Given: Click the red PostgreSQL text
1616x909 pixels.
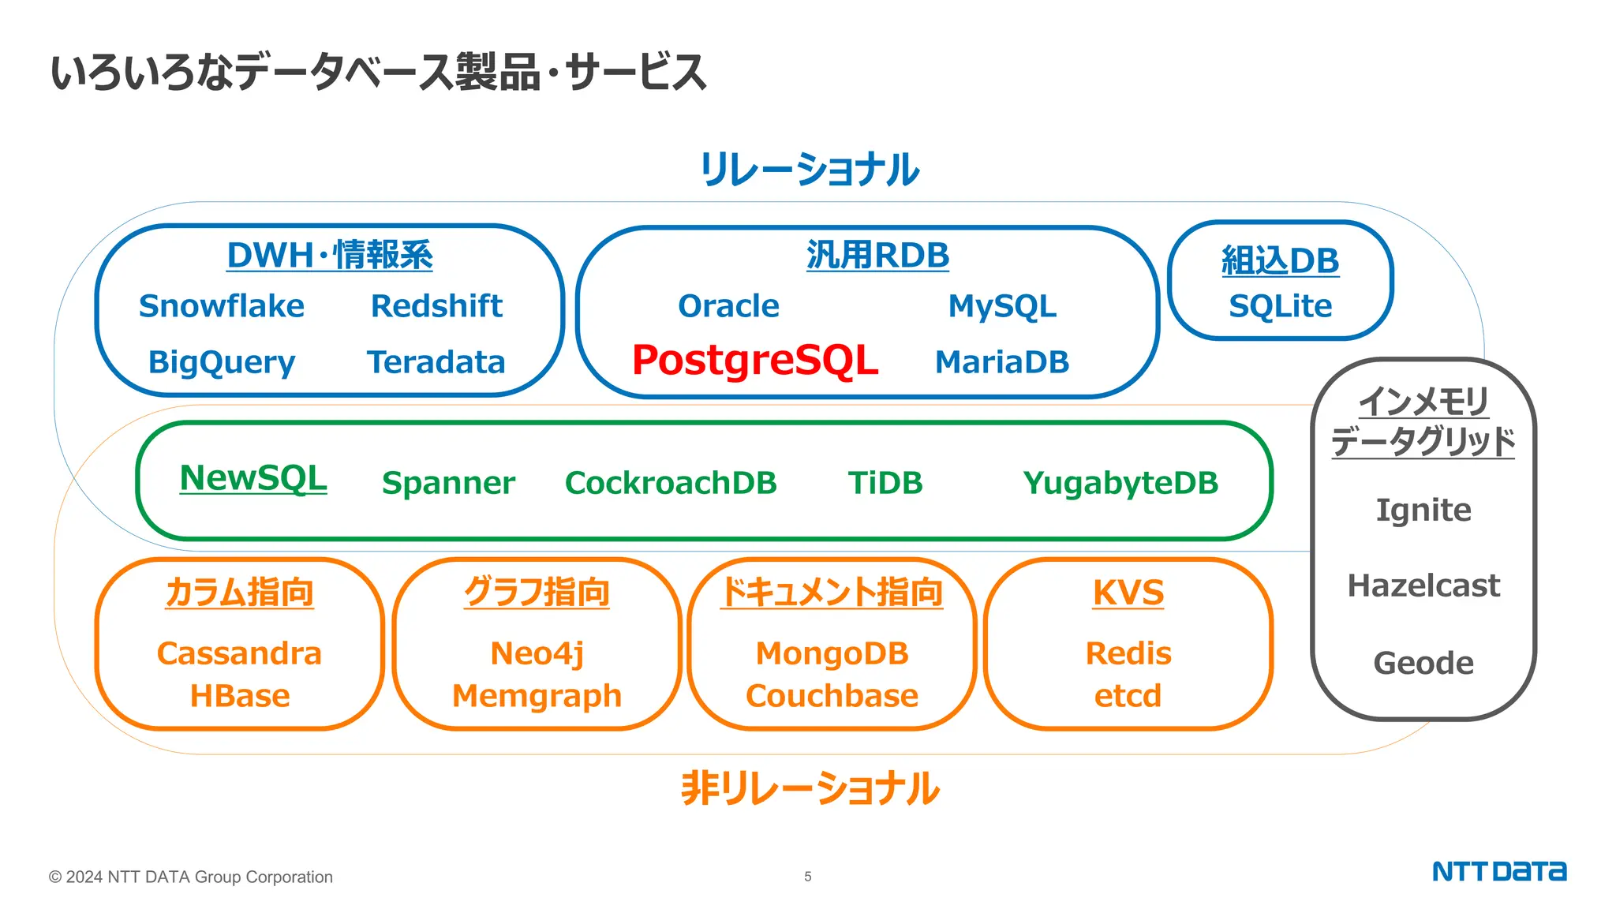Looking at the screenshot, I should [x=755, y=361].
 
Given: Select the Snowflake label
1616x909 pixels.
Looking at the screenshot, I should [x=222, y=306].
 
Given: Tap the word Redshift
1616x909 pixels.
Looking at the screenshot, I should [x=436, y=306].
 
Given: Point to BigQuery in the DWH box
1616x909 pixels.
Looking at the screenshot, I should [x=222, y=363].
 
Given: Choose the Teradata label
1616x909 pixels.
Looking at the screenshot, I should [x=436, y=362].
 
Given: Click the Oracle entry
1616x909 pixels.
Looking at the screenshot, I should [x=728, y=306].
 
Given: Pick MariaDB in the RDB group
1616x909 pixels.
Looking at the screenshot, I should [x=1002, y=362].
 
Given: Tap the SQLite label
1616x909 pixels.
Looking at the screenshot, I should [x=1280, y=306].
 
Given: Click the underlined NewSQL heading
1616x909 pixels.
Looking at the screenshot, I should [x=253, y=478].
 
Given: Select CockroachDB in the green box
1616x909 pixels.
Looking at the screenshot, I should [x=671, y=483].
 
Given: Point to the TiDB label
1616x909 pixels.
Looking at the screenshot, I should [x=885, y=483].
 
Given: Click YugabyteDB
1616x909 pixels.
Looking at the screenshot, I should [x=1120, y=483].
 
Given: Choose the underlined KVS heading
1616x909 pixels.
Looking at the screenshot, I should [x=1128, y=593].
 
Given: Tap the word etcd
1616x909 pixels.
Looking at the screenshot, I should [x=1128, y=696].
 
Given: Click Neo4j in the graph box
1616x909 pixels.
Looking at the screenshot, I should [x=537, y=654].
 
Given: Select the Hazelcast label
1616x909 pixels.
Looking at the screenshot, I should [x=1423, y=585].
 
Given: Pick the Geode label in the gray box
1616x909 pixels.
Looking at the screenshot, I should [x=1423, y=663].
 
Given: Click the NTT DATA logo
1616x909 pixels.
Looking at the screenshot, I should [x=1499, y=872].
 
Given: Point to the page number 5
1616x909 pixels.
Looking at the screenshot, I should [x=808, y=877].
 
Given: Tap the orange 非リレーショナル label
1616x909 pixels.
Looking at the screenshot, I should [x=810, y=788].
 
